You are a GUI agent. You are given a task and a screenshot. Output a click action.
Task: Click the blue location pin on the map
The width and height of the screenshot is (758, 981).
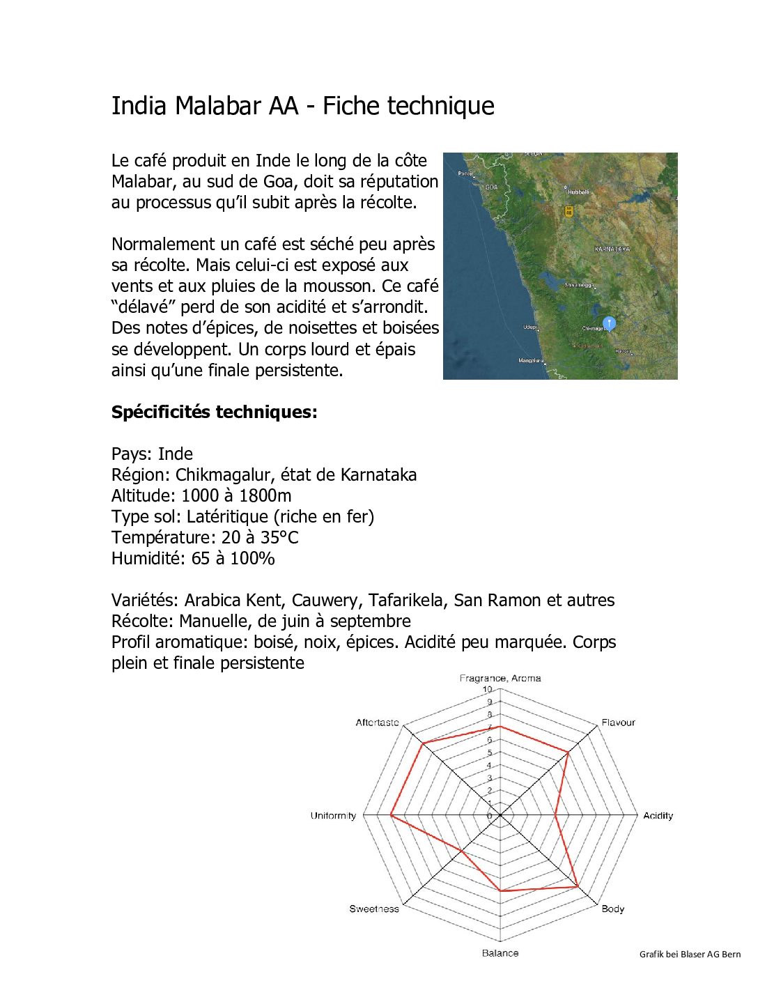click(609, 323)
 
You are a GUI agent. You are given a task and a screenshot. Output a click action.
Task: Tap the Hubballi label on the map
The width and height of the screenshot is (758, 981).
click(578, 192)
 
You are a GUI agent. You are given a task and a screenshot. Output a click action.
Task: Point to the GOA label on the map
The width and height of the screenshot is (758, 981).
click(491, 187)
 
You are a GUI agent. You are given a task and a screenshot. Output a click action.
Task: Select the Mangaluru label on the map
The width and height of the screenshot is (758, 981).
click(530, 360)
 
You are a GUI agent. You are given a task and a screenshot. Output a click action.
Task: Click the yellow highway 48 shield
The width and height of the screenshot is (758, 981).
click(568, 210)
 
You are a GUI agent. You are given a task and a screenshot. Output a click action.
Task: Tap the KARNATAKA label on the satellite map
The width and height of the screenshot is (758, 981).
click(612, 249)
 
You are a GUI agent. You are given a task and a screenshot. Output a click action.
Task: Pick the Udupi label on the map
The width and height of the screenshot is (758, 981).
click(530, 327)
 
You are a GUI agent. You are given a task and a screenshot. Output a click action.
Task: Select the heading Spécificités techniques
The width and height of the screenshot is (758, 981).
click(214, 412)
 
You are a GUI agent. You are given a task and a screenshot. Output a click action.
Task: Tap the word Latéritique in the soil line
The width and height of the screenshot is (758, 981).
click(227, 516)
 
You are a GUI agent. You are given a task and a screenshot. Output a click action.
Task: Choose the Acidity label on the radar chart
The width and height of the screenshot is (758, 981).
click(658, 815)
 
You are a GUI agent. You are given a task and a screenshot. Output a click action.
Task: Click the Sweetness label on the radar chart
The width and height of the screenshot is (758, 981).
click(374, 909)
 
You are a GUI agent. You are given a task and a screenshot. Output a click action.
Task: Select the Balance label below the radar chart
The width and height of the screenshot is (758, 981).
click(500, 952)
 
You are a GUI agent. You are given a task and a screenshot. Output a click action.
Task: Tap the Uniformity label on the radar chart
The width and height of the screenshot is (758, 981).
click(333, 815)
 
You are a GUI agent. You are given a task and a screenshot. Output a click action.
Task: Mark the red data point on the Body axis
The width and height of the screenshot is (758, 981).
click(578, 886)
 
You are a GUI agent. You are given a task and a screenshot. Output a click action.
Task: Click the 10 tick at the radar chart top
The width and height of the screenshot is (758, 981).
click(488, 689)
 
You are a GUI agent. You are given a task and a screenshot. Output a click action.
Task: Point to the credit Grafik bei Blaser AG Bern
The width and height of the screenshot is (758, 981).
click(690, 954)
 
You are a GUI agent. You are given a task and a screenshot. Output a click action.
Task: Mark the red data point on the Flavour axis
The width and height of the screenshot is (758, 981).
click(568, 752)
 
